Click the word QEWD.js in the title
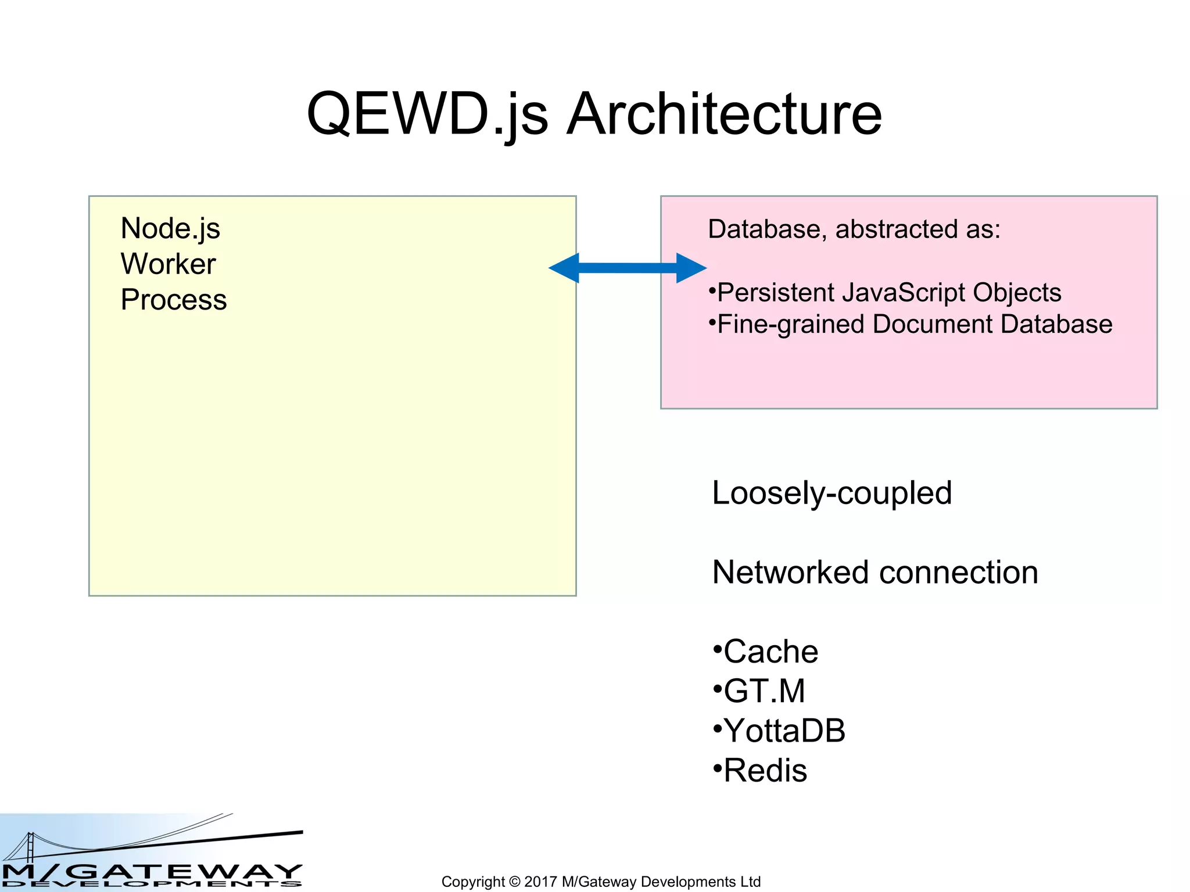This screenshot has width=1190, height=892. point(427,114)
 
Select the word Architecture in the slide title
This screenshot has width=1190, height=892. point(724,114)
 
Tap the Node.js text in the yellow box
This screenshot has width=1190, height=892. point(170,228)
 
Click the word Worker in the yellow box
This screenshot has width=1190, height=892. point(168,264)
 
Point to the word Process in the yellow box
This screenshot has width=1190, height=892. point(173,300)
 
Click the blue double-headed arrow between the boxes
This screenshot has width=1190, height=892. point(628,268)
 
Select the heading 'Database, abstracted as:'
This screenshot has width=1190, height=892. point(854,229)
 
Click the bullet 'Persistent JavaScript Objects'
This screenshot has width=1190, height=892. point(889,293)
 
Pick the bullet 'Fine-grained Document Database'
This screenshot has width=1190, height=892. point(914,324)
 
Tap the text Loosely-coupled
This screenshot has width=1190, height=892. point(831,493)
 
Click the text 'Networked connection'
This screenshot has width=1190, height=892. point(875,573)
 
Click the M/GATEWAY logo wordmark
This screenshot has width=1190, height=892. point(152,872)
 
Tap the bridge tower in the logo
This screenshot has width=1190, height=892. point(30,846)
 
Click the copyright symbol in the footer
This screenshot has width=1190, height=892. point(514,882)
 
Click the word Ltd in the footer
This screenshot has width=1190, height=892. point(750,882)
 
